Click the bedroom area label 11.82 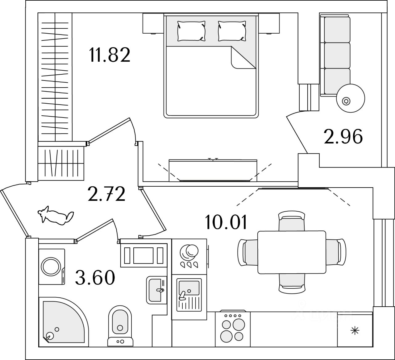110,55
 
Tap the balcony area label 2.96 343,137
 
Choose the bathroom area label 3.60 95,277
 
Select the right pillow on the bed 232,31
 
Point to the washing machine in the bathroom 52,267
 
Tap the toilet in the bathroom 120,326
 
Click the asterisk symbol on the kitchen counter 355,331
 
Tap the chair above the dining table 292,221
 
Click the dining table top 292,252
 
